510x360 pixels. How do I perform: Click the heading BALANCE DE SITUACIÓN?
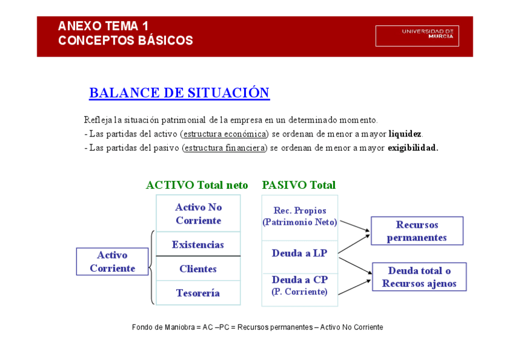[179, 93]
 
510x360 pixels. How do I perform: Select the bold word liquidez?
[405, 133]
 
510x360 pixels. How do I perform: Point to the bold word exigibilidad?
[413, 147]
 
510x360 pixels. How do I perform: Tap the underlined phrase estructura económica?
[224, 133]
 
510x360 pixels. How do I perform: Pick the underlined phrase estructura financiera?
[225, 147]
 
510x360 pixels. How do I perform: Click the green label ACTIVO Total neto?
[197, 185]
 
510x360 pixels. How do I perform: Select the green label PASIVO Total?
[299, 185]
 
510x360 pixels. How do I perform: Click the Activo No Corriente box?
[198, 213]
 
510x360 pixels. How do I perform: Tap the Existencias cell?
[198, 245]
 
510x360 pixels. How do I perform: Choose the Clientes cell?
[198, 269]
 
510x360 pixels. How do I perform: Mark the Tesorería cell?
[198, 293]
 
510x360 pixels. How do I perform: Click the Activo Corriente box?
[112, 262]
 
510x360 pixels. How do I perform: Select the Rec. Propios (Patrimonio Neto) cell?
[300, 216]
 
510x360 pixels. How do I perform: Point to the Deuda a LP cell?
[300, 254]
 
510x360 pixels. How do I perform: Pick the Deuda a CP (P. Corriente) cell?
[300, 285]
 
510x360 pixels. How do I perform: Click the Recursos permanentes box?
[417, 231]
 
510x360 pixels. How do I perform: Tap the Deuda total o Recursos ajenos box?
[419, 277]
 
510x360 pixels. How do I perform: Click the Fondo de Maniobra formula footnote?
[257, 328]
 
